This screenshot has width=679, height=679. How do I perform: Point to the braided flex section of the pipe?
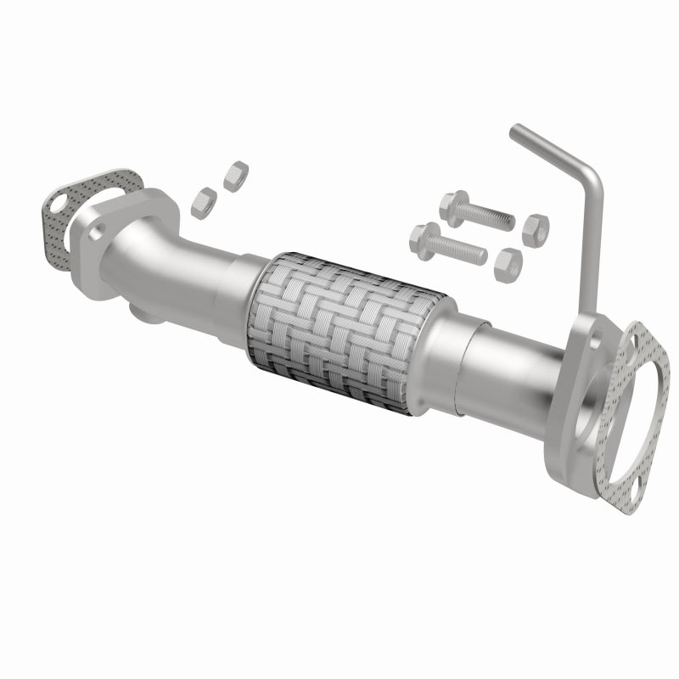click(x=343, y=331)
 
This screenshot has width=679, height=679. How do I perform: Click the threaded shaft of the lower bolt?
click(x=463, y=250)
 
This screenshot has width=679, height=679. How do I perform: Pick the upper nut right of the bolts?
click(x=535, y=229)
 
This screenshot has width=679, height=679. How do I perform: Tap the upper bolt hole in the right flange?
click(x=596, y=339)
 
